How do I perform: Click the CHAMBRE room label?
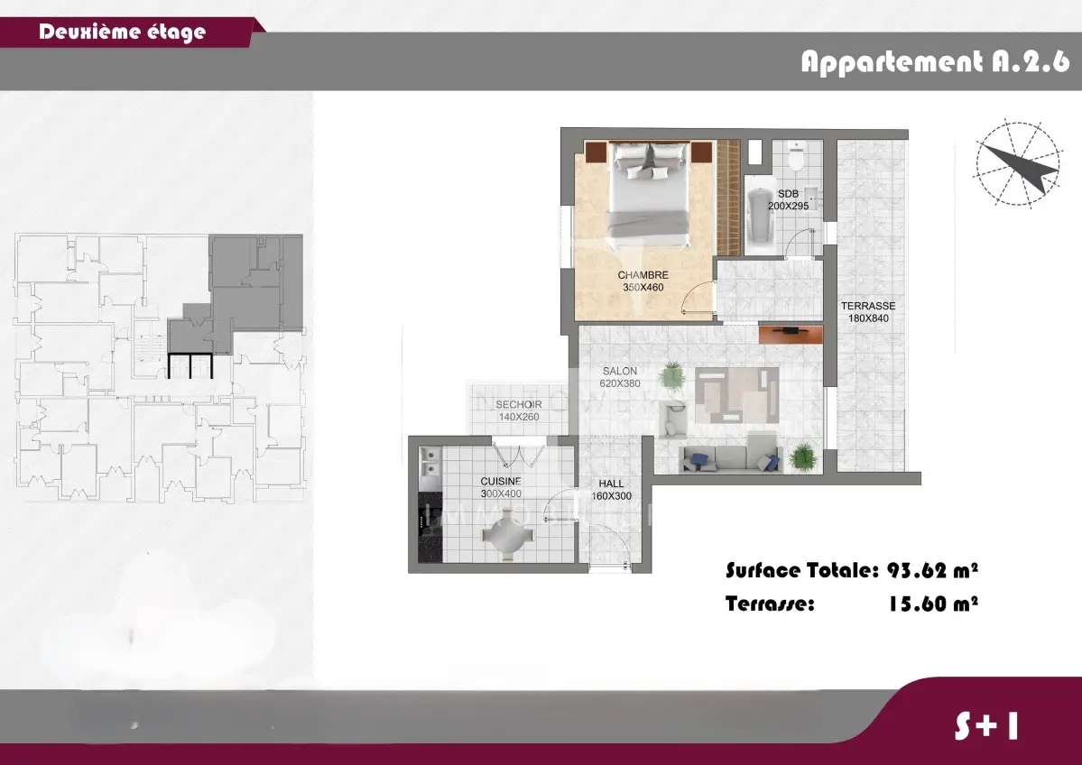pos(643,275)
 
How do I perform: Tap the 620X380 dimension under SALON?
pos(620,383)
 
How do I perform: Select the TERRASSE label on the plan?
pos(868,307)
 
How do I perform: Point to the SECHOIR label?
pos(518,405)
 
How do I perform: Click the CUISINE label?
pos(501,482)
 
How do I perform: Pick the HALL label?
pos(611,484)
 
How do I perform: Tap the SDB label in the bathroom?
pos(788,194)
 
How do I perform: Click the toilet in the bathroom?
pos(796,158)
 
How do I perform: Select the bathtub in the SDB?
pos(760,214)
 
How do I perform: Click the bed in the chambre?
pos(647,195)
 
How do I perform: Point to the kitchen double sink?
pos(430,462)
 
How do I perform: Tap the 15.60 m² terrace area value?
pos(932,604)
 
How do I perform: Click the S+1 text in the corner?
pos(986,725)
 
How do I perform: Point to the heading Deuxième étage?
pos(122,32)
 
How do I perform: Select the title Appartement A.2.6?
pos(935,62)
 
